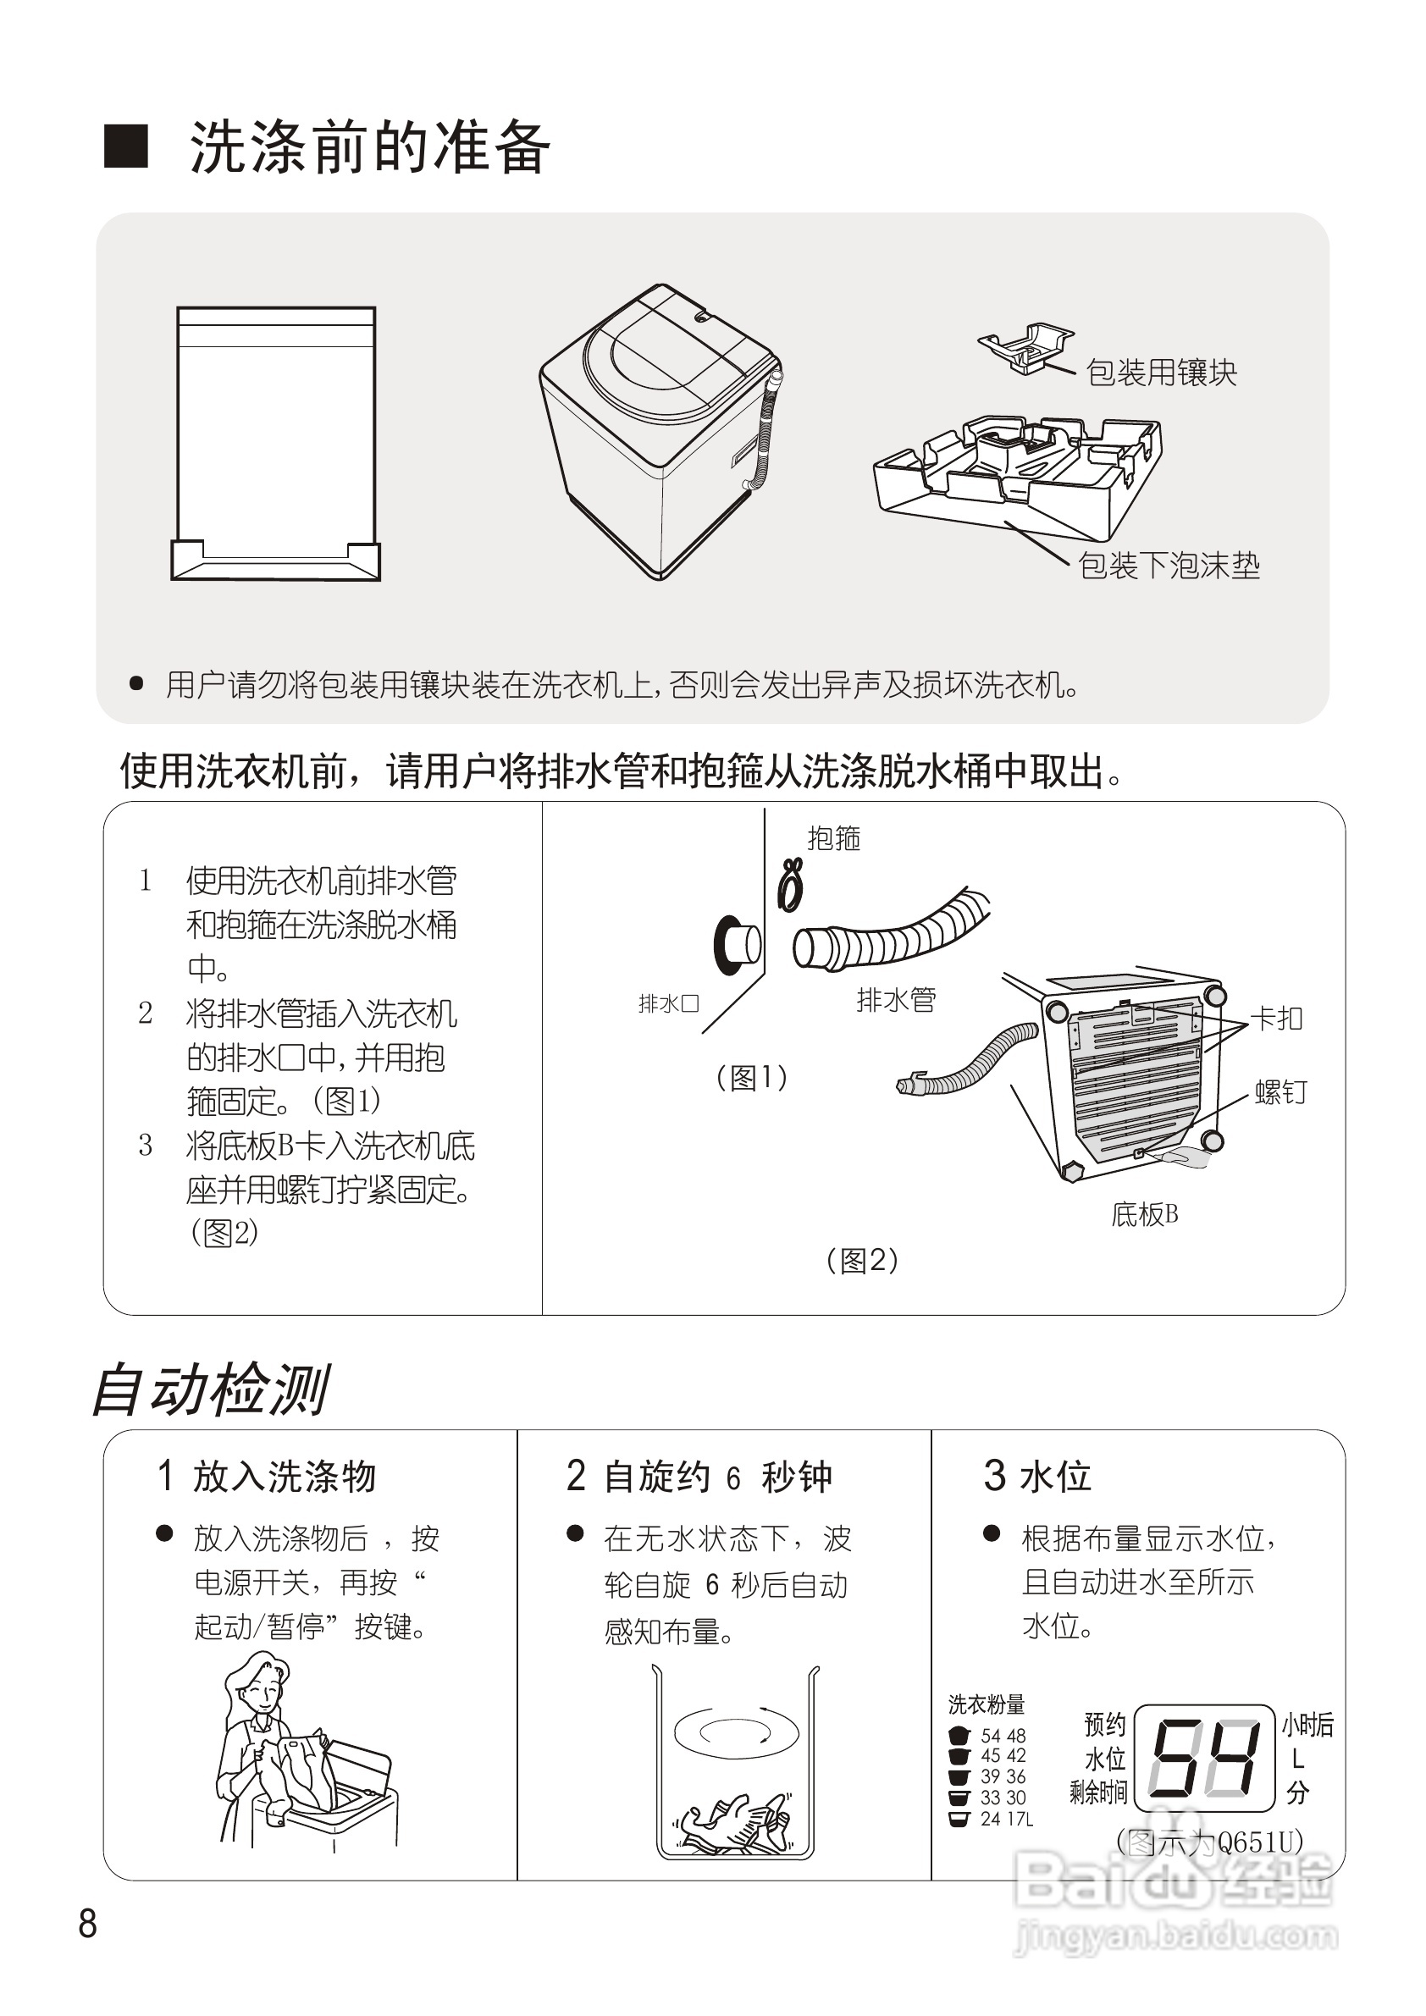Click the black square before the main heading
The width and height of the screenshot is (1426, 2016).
pos(126,146)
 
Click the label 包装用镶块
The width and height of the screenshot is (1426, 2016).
pos(1161,373)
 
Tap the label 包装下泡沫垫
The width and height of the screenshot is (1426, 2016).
pos(1168,566)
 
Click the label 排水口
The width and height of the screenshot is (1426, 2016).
pos(668,1003)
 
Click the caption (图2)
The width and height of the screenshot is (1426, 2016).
pos(861,1261)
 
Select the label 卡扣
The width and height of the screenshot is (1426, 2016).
pos(1277,1019)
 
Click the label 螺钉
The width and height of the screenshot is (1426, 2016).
pos(1280,1092)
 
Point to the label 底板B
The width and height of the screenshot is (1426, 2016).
pos(1144,1214)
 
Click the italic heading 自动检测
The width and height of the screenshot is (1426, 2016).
pos(211,1390)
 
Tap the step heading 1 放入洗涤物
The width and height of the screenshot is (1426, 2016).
pos(267,1476)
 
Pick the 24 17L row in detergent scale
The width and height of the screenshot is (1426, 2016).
pos(992,1820)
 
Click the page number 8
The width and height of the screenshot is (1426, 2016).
pos(88,1924)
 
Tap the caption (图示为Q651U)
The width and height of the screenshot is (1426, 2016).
pos(1209,1842)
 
